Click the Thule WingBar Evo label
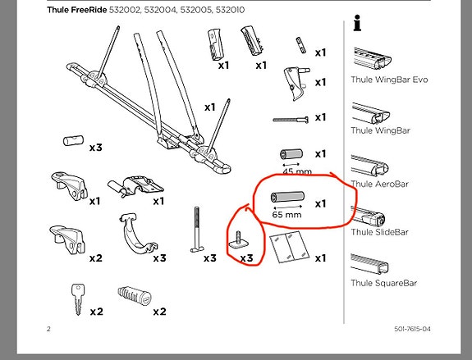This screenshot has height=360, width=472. tap(389, 80)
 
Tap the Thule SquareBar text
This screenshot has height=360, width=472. tap(384, 284)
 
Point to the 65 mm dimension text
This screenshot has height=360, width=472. tap(287, 215)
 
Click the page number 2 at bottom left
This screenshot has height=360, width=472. tap(49, 329)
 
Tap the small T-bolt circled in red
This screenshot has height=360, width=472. tap(234, 239)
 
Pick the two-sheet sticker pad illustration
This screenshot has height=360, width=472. tap(289, 246)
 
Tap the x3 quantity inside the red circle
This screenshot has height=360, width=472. tap(245, 257)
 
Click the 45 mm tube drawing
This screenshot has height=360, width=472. tap(291, 155)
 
